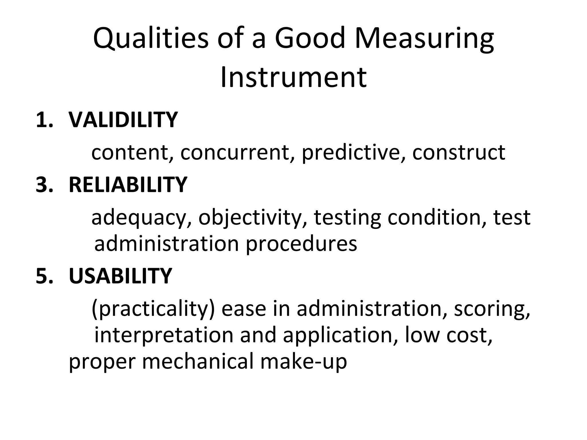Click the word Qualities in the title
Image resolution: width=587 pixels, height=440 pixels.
151,38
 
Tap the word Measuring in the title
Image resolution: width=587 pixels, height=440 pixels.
424,38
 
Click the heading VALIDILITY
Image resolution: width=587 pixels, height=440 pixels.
123,120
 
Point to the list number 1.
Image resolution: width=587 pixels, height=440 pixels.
44,120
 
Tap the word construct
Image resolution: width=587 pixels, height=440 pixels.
459,152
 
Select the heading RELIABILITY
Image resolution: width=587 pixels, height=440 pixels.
128,184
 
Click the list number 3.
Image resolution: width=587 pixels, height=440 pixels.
44,184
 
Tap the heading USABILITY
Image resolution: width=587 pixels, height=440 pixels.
120,276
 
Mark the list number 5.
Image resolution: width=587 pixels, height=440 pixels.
44,276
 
